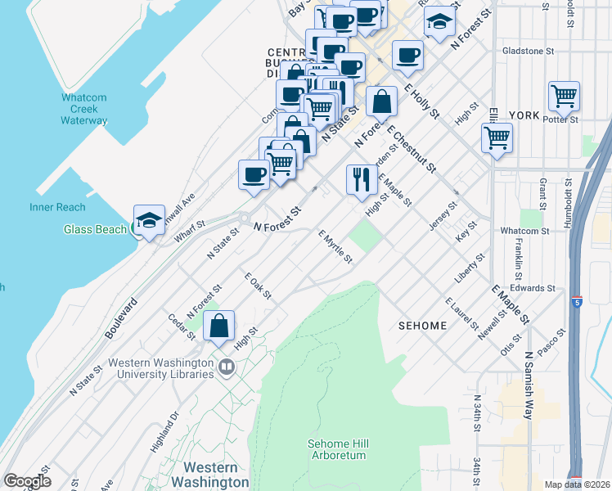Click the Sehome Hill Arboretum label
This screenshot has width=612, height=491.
(x=338, y=449)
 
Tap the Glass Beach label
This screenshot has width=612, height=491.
(x=95, y=229)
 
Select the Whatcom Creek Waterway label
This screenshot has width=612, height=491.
(x=84, y=109)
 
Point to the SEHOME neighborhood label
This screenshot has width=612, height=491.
(x=422, y=326)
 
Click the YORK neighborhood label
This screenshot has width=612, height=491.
(x=524, y=115)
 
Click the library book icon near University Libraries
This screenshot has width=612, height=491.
(x=224, y=367)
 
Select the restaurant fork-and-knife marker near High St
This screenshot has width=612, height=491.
(x=361, y=180)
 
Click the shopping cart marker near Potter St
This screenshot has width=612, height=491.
(x=565, y=97)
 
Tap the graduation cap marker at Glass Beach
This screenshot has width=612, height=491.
(x=149, y=220)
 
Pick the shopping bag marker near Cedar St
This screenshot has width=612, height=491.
(x=219, y=327)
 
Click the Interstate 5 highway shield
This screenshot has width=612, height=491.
(x=578, y=301)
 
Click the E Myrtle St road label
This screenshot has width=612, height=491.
(x=335, y=246)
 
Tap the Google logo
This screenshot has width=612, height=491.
(x=27, y=481)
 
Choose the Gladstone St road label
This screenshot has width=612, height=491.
(x=528, y=51)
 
